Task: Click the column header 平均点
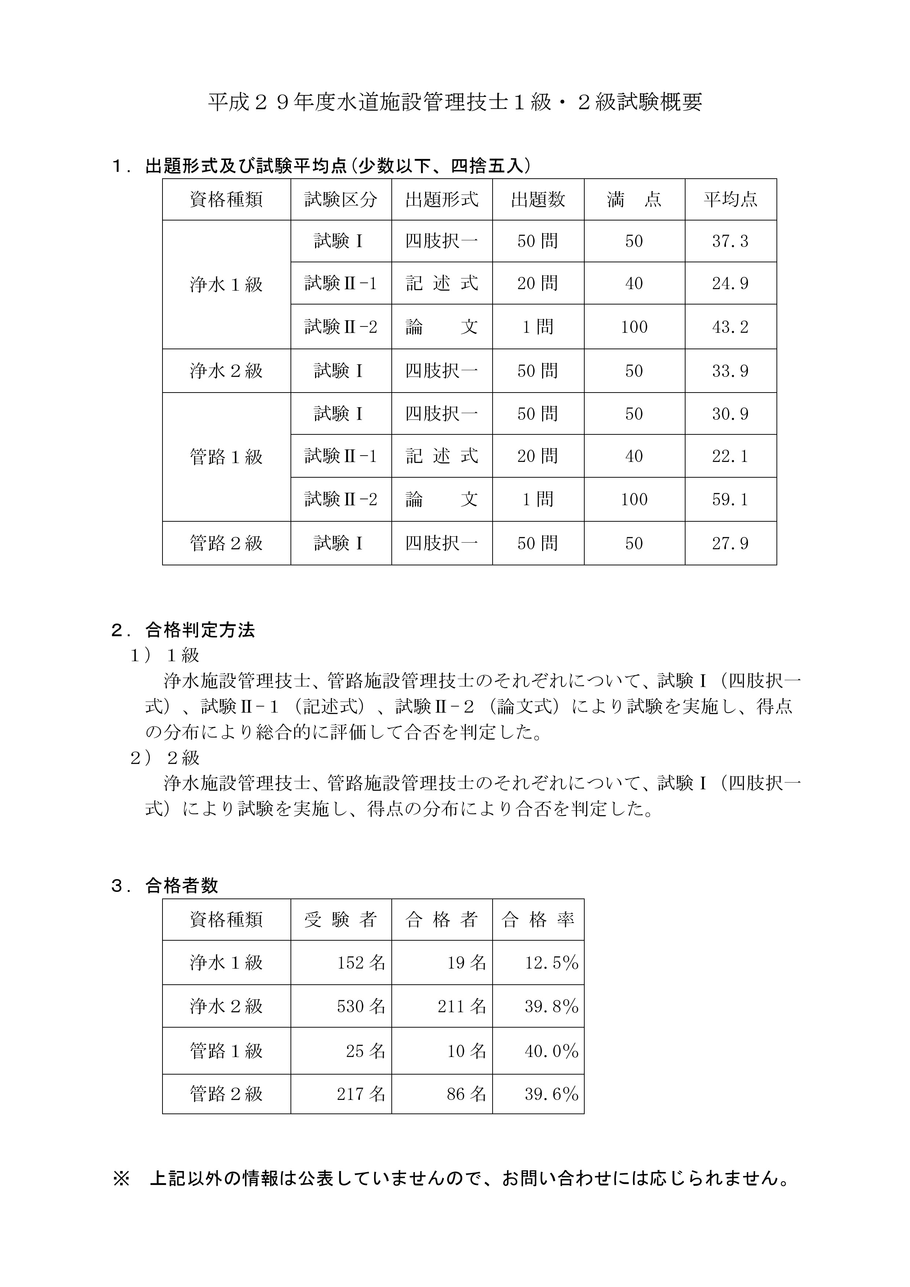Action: pos(730,200)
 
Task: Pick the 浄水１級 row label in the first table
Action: pos(226,285)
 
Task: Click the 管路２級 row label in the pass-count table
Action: pos(226,1094)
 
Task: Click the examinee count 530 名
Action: pos(361,1007)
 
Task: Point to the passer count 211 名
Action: pos(462,1007)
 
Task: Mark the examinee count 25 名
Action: pos(365,1051)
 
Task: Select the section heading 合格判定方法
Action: pos(200,631)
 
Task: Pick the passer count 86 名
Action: pos(466,1094)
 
